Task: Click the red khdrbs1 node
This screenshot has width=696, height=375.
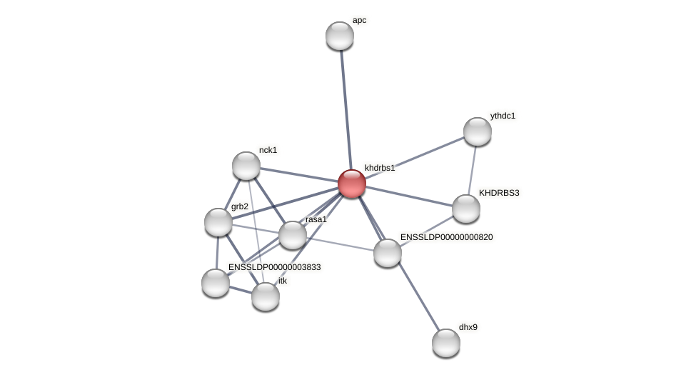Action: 352,184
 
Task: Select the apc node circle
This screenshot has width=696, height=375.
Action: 340,36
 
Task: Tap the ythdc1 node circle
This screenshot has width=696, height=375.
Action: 478,131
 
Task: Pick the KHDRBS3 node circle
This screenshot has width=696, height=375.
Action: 466,209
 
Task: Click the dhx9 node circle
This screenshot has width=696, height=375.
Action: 446,343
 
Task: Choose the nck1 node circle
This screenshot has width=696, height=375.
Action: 246,166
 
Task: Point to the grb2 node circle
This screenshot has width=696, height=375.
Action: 218,222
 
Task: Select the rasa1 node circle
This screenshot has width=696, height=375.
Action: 293,235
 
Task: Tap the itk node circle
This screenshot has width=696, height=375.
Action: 266,296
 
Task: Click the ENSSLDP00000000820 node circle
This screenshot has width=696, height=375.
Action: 388,253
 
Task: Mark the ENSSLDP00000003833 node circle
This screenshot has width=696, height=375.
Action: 216,283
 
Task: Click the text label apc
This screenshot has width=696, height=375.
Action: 359,20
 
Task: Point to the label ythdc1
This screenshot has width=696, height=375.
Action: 503,116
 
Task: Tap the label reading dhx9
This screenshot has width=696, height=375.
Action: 468,327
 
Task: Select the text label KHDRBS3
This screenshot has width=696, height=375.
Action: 499,193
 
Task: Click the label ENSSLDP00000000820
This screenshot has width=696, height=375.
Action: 446,237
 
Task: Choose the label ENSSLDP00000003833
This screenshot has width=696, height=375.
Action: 275,267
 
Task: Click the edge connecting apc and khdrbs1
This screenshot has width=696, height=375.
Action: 346,107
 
